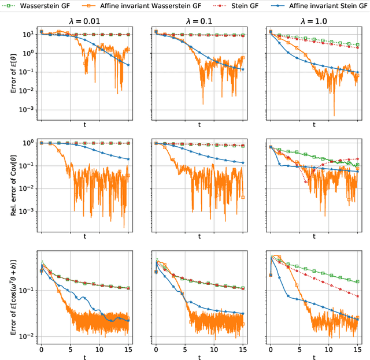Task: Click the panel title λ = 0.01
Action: pos(84,21)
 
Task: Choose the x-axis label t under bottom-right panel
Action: pos(314,358)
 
